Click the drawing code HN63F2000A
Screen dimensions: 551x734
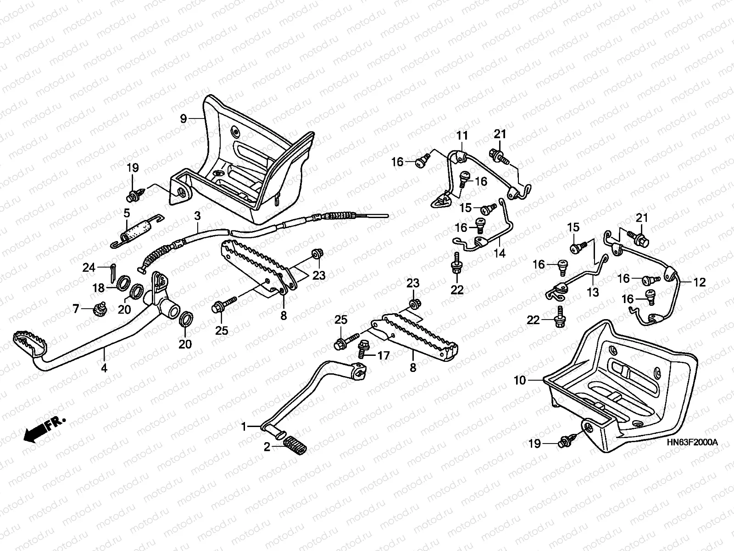[x=692, y=442]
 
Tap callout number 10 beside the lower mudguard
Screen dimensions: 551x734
[x=519, y=380]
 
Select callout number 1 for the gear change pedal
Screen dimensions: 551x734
[x=245, y=427]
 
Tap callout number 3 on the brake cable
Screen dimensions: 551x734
[x=197, y=215]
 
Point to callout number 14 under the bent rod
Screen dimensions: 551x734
[x=500, y=253]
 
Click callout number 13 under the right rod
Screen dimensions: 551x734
[x=593, y=292]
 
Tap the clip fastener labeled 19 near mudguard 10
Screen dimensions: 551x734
[x=565, y=443]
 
